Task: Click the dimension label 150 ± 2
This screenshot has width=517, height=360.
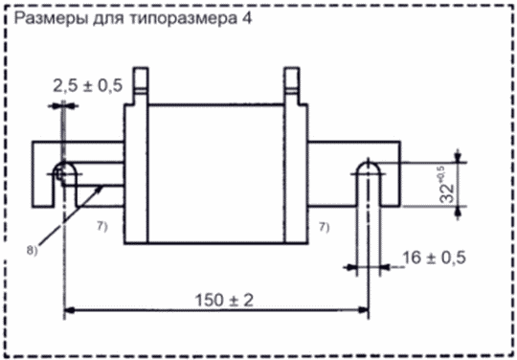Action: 224,301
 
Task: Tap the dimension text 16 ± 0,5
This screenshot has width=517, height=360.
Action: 434,258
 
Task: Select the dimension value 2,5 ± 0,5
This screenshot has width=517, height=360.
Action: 88,86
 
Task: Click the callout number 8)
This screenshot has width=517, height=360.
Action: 32,251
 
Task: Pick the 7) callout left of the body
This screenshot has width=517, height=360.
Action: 101,228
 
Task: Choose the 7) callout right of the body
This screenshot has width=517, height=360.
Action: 324,228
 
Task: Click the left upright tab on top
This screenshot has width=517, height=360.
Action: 141,85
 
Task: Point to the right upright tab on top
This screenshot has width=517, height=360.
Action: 292,85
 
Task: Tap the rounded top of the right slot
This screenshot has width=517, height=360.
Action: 369,162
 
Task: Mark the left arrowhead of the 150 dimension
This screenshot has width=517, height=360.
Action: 69,310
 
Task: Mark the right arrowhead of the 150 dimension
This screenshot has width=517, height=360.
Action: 364,310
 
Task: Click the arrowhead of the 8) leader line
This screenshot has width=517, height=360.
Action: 100,189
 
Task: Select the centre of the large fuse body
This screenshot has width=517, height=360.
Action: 216,174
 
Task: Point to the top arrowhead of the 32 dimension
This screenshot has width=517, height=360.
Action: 457,156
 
